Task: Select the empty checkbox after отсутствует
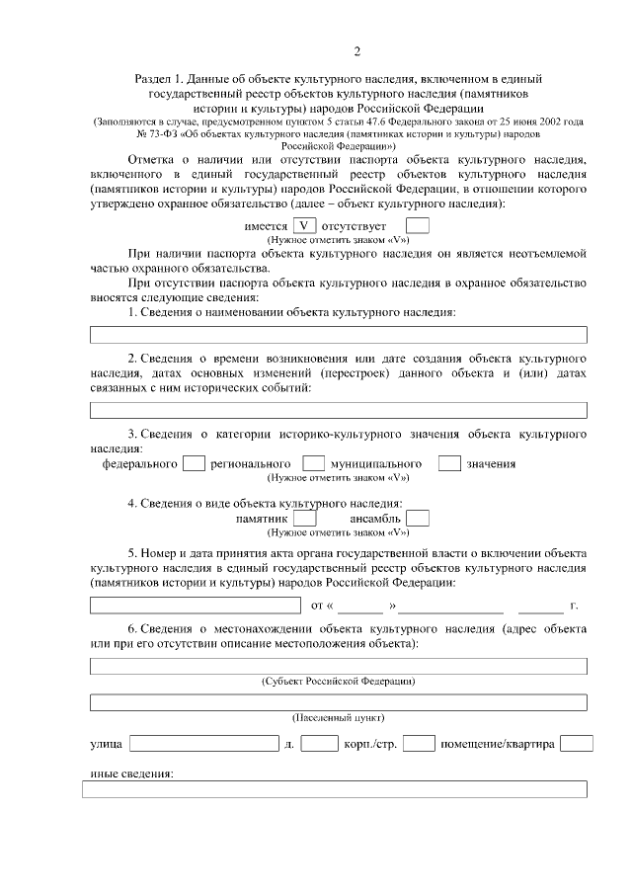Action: coord(418,225)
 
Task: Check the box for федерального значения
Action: coord(195,462)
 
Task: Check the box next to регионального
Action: coord(313,462)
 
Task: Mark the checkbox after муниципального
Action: coord(449,462)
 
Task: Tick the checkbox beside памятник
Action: coord(305,518)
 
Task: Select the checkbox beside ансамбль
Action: coord(418,518)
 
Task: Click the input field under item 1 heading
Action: coord(338,335)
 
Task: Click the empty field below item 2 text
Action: coord(338,410)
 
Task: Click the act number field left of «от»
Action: coord(195,605)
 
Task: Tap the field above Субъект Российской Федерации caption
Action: coord(338,667)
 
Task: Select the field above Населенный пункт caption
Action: coord(338,702)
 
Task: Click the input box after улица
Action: coord(203,743)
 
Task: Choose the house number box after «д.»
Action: coord(319,743)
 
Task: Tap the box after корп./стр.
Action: coord(419,743)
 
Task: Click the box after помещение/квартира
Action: coord(577,743)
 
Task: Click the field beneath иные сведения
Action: coord(338,789)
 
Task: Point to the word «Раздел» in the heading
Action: coord(153,77)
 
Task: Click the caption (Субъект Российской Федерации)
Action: coord(338,682)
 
